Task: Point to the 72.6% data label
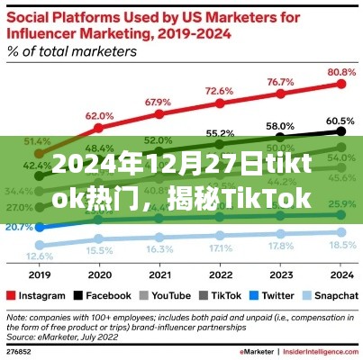point(219,91)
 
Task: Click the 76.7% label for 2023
point(280,82)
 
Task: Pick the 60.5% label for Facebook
point(340,119)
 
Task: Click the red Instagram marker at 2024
point(340,83)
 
